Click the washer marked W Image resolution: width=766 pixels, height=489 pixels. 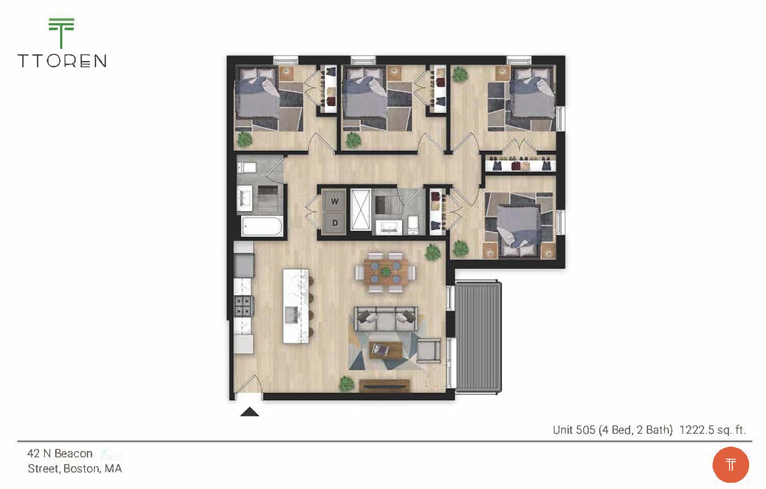point(334,201)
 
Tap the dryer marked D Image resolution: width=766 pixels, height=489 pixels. point(334,223)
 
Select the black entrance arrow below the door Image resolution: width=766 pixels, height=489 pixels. point(250,412)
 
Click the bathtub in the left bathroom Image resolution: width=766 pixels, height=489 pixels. point(262,226)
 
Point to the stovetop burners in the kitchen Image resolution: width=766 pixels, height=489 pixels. point(243,306)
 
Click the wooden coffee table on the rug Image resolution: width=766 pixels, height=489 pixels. point(385,350)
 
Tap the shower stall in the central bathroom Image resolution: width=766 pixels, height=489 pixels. point(361,210)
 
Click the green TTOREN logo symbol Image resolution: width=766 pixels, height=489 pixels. point(61,33)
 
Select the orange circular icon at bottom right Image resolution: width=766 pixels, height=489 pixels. point(730,465)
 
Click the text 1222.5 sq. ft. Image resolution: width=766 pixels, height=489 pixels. point(712,430)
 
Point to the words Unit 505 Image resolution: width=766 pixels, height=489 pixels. point(574,430)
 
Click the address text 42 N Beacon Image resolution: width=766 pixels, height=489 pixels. point(60,453)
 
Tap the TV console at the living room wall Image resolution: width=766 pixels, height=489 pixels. point(385,385)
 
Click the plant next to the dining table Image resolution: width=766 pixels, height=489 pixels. point(432,253)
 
